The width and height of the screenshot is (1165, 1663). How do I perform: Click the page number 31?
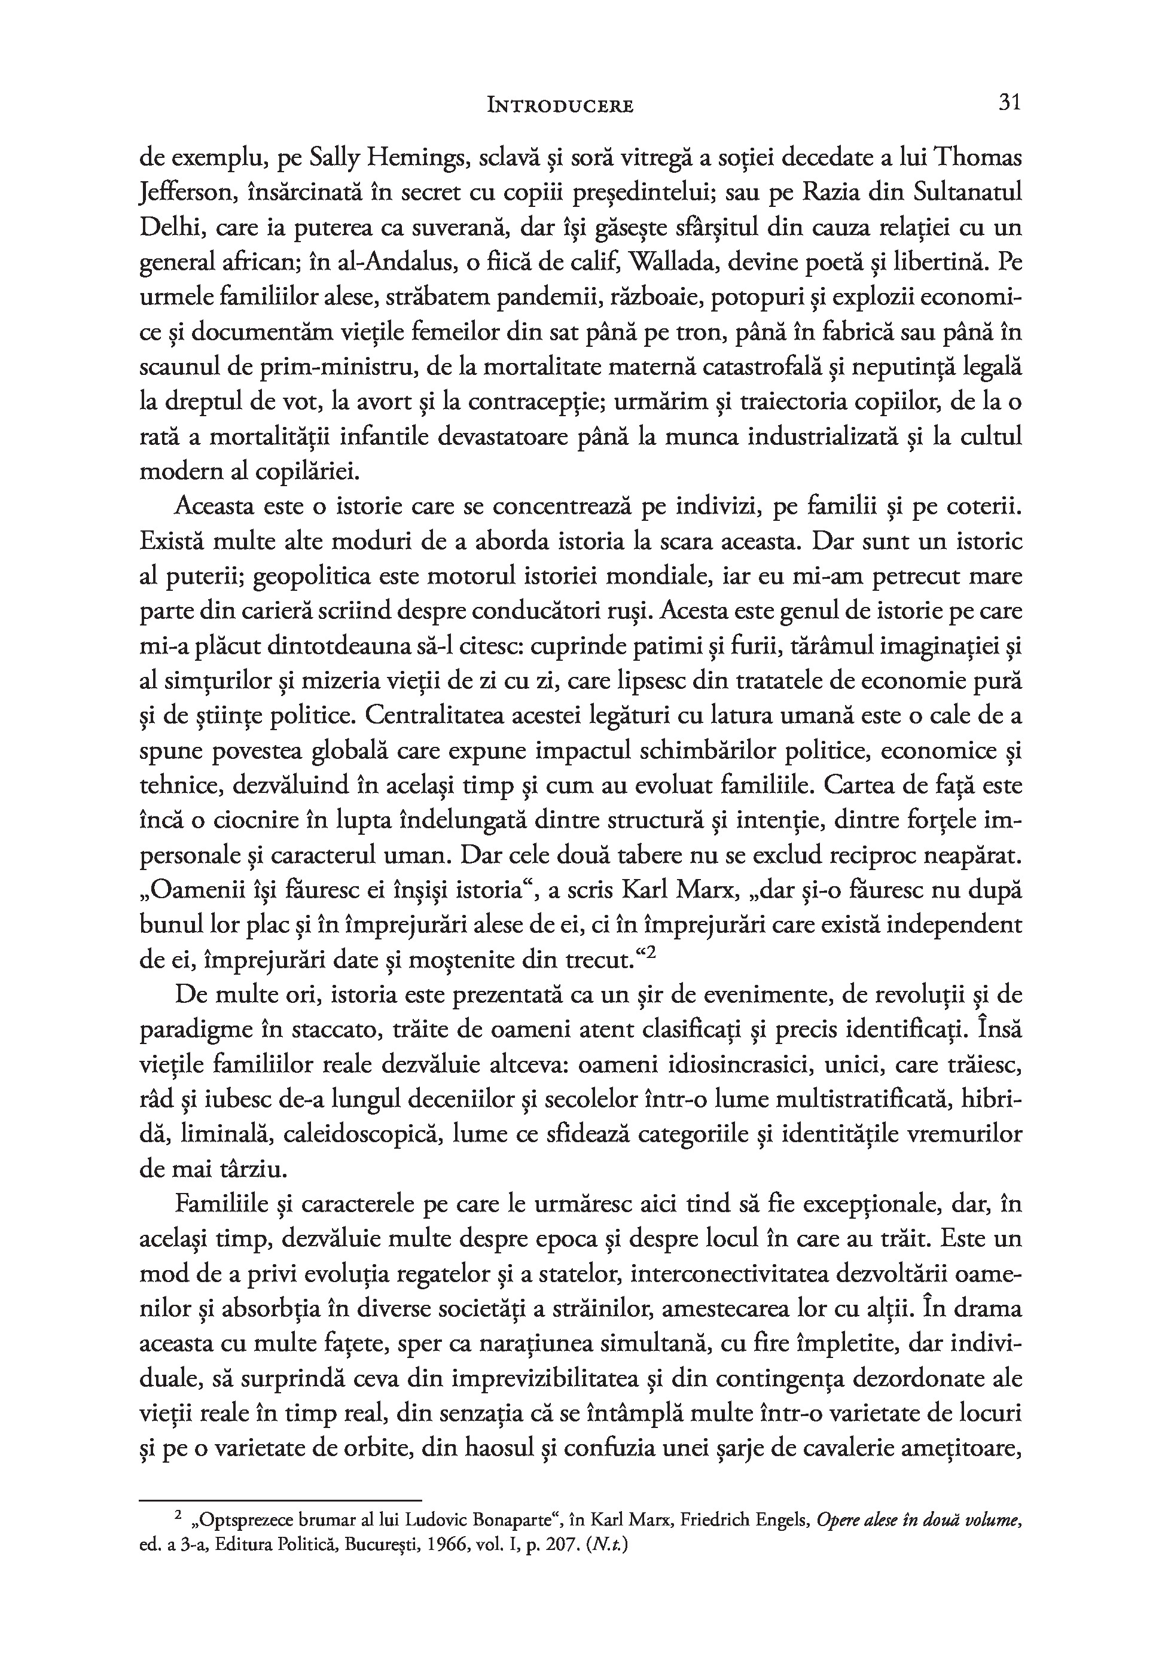pyautogui.click(x=1010, y=103)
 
